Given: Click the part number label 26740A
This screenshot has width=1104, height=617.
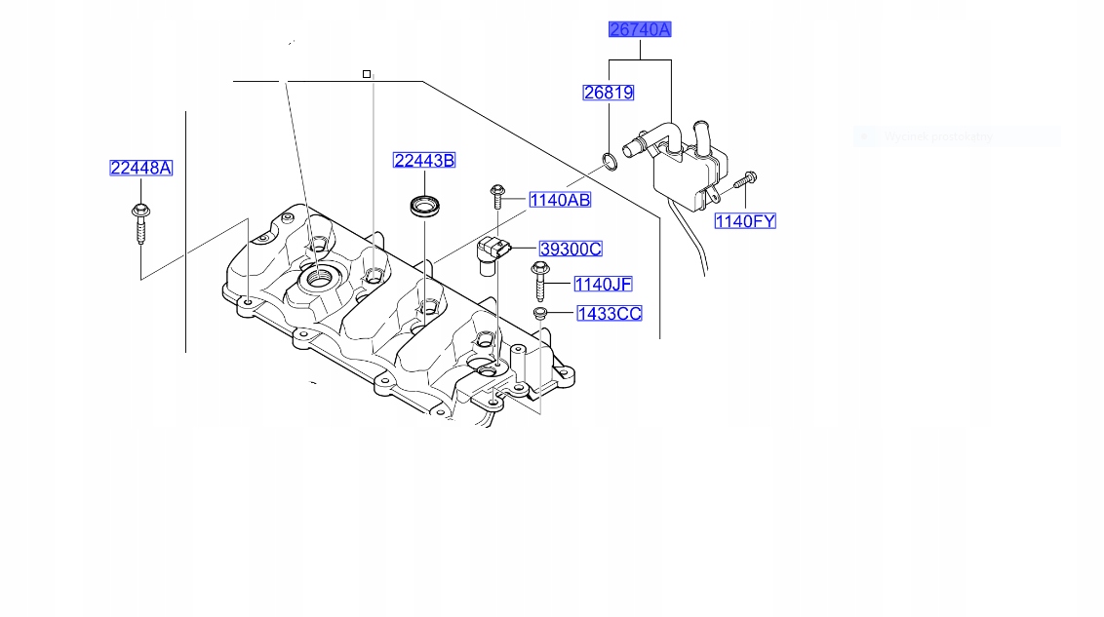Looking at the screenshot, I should pos(640,29).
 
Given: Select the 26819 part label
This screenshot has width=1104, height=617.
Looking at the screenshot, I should pos(609,93).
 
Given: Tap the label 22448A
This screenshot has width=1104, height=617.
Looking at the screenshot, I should pos(140,168).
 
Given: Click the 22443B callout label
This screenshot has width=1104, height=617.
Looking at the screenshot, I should pos(424,160).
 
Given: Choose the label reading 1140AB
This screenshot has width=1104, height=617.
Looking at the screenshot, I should pos(560,200).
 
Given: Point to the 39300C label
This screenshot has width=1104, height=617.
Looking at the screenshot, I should pos(571,249).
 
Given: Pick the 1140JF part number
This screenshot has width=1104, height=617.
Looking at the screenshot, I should pos(603,284).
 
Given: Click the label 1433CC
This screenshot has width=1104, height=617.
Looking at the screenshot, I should pos(609,313).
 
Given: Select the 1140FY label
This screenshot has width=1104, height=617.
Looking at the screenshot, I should pos(745,221).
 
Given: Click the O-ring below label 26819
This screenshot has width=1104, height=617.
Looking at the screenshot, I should pos(608,160).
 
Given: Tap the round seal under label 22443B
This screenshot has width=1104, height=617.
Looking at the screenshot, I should pos(424,206).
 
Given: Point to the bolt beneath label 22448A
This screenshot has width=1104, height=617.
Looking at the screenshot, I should pos(138,225).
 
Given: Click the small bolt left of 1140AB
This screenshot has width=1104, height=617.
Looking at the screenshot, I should pos(497,196).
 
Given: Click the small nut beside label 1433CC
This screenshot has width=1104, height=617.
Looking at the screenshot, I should pos(539,313).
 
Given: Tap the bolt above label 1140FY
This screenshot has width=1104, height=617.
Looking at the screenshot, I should pos(746,179).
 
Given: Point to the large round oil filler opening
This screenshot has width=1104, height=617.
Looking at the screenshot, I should pos(320,279).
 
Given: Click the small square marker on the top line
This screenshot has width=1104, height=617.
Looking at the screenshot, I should pos(367,74).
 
